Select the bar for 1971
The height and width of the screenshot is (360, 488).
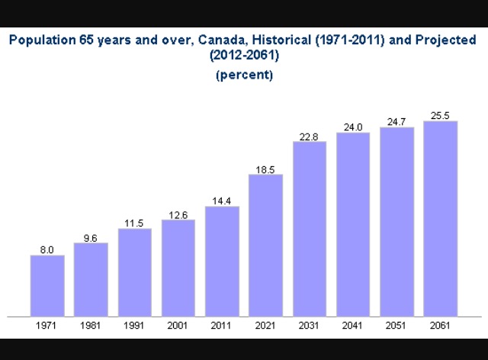(47, 285)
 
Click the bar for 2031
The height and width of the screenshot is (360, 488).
(309, 229)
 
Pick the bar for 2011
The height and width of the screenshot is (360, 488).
(222, 261)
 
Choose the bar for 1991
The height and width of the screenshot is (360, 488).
(135, 272)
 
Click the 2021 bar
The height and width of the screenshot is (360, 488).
(265, 245)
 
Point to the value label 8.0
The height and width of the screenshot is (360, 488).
(47, 249)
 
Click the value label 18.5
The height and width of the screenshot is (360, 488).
(265, 169)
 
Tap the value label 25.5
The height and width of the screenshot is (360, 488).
(440, 116)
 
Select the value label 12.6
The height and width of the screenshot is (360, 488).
(178, 215)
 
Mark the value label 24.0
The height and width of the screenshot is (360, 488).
(353, 127)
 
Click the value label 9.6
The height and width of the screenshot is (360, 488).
(91, 238)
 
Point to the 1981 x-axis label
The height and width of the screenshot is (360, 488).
(91, 326)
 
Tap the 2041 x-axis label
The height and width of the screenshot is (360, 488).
(353, 326)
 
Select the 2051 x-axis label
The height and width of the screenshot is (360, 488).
(396, 326)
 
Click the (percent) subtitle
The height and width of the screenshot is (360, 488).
(244, 75)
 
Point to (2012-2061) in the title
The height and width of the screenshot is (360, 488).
(244, 56)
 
